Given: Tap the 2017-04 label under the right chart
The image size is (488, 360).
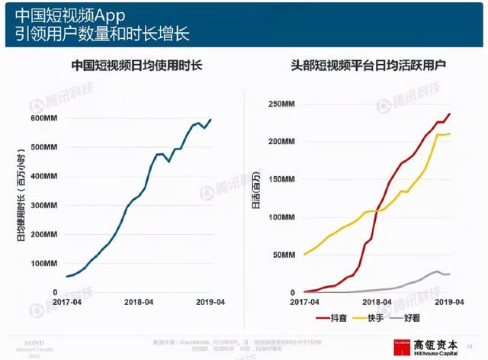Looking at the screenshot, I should (x=305, y=303).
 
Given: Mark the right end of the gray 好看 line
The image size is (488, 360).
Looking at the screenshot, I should (x=449, y=274).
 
